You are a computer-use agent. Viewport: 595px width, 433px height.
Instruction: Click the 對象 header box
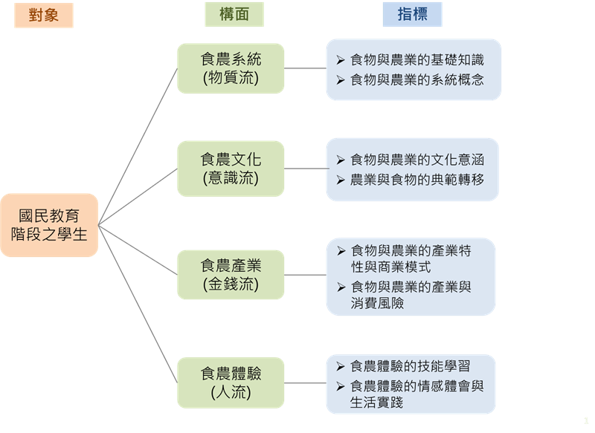click(44, 15)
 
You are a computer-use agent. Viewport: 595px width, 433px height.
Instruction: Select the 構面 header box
click(235, 15)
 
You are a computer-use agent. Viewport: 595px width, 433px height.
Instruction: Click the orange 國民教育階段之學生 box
click(49, 225)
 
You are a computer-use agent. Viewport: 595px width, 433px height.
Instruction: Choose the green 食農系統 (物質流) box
click(231, 68)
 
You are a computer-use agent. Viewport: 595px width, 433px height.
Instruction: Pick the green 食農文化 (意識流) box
click(231, 169)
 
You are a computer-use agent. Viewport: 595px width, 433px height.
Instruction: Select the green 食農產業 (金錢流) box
click(231, 274)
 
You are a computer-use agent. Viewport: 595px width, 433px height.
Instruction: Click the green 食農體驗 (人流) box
click(231, 382)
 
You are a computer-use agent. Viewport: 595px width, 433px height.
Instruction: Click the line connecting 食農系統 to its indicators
click(305, 68)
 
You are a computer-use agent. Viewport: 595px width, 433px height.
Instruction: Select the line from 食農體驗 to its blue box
click(305, 383)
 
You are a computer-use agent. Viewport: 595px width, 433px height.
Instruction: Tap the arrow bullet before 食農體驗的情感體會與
click(340, 385)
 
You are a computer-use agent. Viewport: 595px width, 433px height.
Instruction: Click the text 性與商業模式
click(390, 267)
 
